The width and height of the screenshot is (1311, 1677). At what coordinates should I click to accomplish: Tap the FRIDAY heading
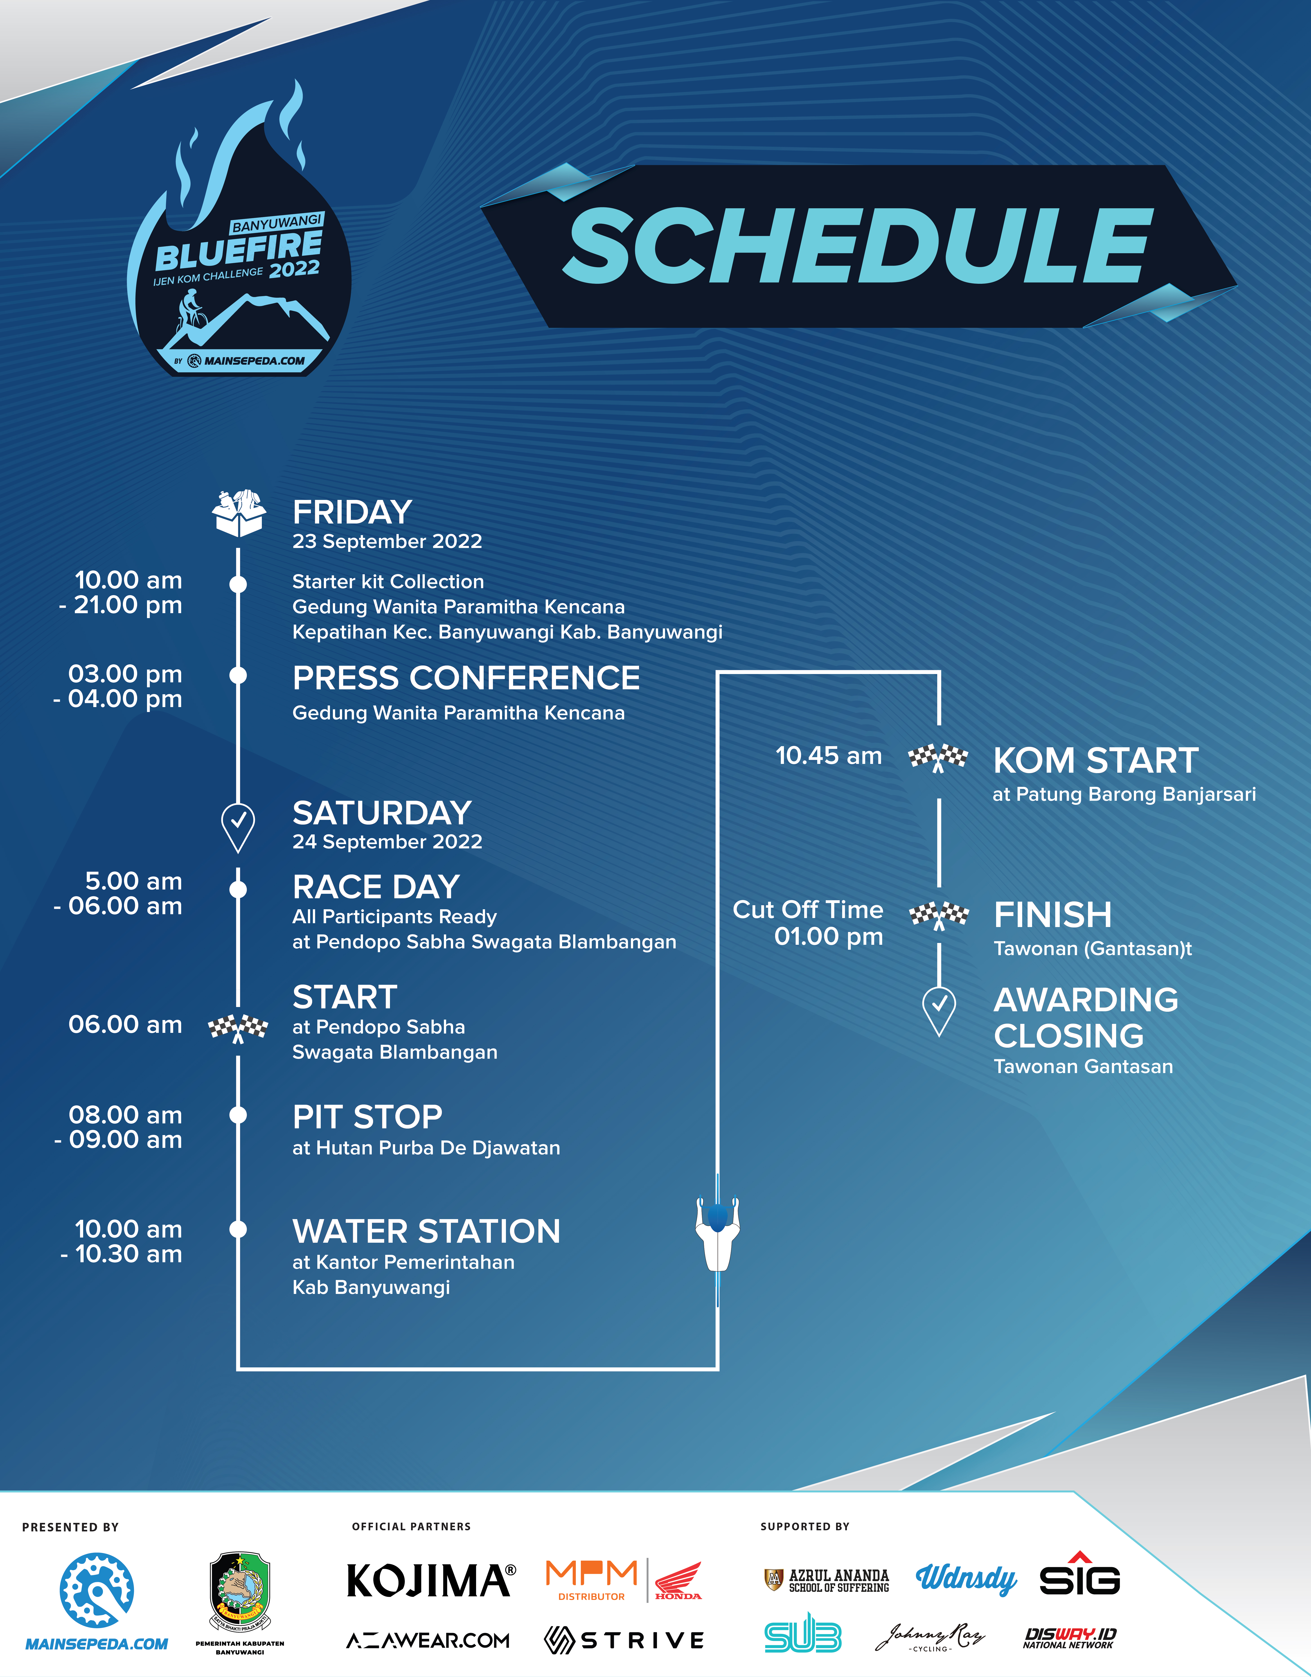point(352,512)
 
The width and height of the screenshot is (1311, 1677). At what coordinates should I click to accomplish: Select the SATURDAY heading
point(382,813)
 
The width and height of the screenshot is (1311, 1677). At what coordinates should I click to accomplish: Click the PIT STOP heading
point(367,1117)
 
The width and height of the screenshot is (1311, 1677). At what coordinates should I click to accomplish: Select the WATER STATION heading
point(426,1232)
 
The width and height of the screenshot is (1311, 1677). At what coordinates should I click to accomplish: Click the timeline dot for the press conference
point(238,675)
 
